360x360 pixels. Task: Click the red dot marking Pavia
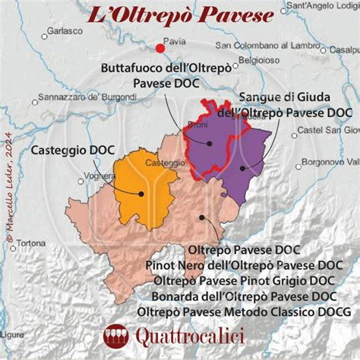pos(159,49)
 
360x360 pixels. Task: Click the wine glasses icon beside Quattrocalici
pos(115,334)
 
